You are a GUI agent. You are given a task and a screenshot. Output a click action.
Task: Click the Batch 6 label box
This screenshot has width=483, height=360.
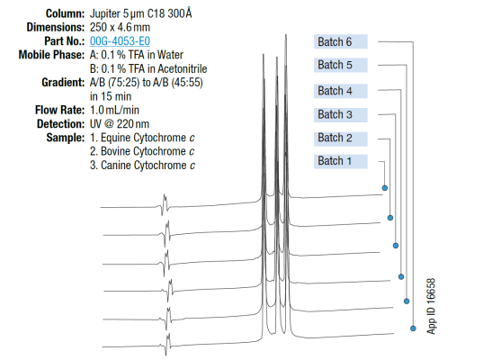341,41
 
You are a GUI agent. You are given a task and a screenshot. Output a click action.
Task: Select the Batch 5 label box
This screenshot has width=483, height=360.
341,65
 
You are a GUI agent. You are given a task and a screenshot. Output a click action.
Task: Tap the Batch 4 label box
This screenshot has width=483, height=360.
341,91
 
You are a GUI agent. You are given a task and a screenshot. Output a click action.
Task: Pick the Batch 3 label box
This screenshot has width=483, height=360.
341,114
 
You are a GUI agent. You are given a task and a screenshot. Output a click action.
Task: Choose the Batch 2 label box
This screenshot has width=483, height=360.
341,139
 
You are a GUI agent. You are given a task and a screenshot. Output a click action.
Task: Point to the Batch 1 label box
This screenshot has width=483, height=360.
341,161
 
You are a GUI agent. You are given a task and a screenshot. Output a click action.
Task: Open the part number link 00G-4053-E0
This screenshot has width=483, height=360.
120,41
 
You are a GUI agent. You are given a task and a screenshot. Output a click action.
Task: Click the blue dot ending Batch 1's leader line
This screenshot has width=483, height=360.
385,188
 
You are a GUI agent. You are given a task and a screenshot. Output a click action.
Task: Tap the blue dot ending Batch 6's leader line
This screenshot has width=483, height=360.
413,328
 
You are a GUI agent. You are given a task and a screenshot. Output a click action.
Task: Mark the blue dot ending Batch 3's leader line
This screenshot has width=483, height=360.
396,246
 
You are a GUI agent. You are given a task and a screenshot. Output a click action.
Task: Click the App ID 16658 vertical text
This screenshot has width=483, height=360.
431,306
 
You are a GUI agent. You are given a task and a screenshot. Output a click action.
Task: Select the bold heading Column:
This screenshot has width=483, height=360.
65,13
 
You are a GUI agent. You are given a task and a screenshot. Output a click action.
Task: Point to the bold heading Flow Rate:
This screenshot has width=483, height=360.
59,110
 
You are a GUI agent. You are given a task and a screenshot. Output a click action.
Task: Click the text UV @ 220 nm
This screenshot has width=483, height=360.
120,124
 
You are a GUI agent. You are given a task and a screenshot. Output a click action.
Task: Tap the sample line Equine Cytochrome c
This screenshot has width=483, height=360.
142,138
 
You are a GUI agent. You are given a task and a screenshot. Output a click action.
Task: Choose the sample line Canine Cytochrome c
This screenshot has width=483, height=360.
142,166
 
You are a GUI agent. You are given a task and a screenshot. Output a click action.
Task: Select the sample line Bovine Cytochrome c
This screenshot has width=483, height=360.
142,151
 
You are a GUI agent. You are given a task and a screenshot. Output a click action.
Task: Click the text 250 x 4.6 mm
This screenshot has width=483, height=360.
120,27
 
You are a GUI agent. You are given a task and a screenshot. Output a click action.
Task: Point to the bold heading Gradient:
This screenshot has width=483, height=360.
63,82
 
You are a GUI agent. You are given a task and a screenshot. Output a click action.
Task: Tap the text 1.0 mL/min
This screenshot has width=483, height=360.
114,110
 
